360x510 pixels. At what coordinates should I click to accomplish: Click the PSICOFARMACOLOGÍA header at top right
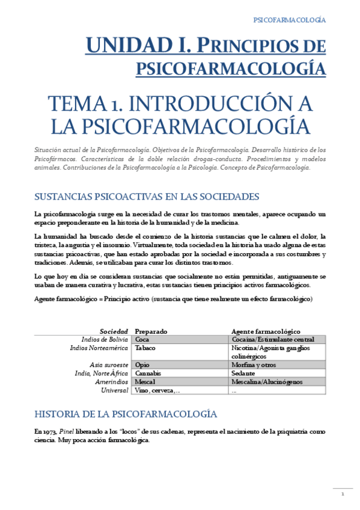pos(290,20)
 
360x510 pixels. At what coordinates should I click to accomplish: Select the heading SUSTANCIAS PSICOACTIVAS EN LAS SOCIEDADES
pos(147,197)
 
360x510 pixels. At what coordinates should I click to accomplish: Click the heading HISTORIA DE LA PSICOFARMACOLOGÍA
pos(126,414)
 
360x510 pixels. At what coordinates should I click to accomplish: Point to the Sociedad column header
pos(114,331)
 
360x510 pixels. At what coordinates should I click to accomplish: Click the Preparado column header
pos(151,331)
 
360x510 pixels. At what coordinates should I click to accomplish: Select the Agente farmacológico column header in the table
pos(266,331)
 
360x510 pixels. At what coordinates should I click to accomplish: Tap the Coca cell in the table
pos(142,339)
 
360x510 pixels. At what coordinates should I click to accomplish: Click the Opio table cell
pos(142,364)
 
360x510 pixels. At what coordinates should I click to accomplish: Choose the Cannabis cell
pos(148,373)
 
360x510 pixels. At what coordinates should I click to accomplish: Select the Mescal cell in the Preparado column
pos(145,382)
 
